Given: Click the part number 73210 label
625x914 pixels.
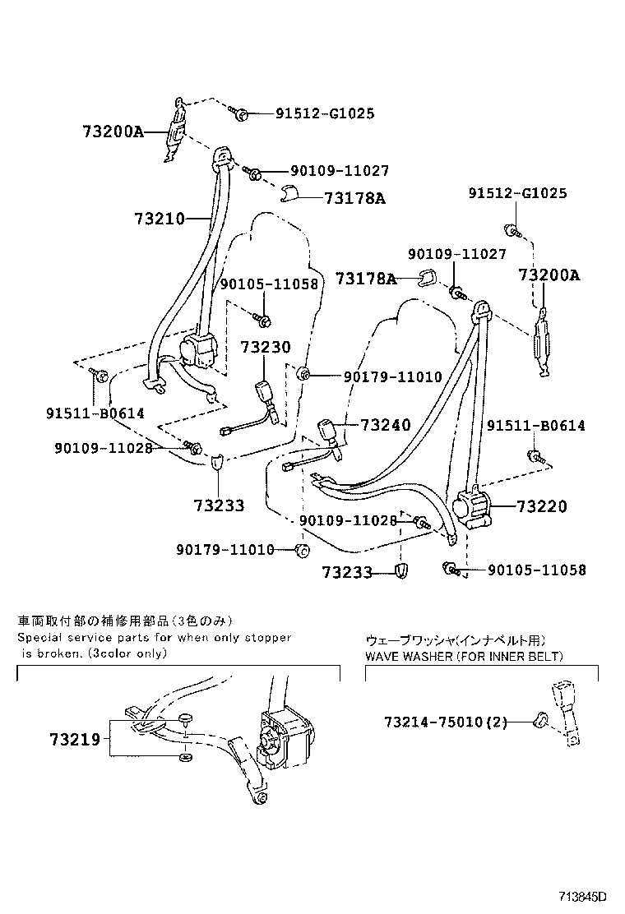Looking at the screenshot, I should pos(158,219).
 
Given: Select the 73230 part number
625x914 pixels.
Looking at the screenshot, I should pos(266,348).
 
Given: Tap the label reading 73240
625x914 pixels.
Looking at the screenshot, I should pos(385,425).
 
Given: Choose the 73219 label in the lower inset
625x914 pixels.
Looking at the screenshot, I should pos(79,739).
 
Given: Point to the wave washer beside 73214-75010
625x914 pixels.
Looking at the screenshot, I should pos(541,722).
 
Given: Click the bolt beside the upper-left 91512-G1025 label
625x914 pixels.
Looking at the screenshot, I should pos(239,113).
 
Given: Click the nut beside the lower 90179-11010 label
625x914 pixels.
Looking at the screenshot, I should pos(301,550).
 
